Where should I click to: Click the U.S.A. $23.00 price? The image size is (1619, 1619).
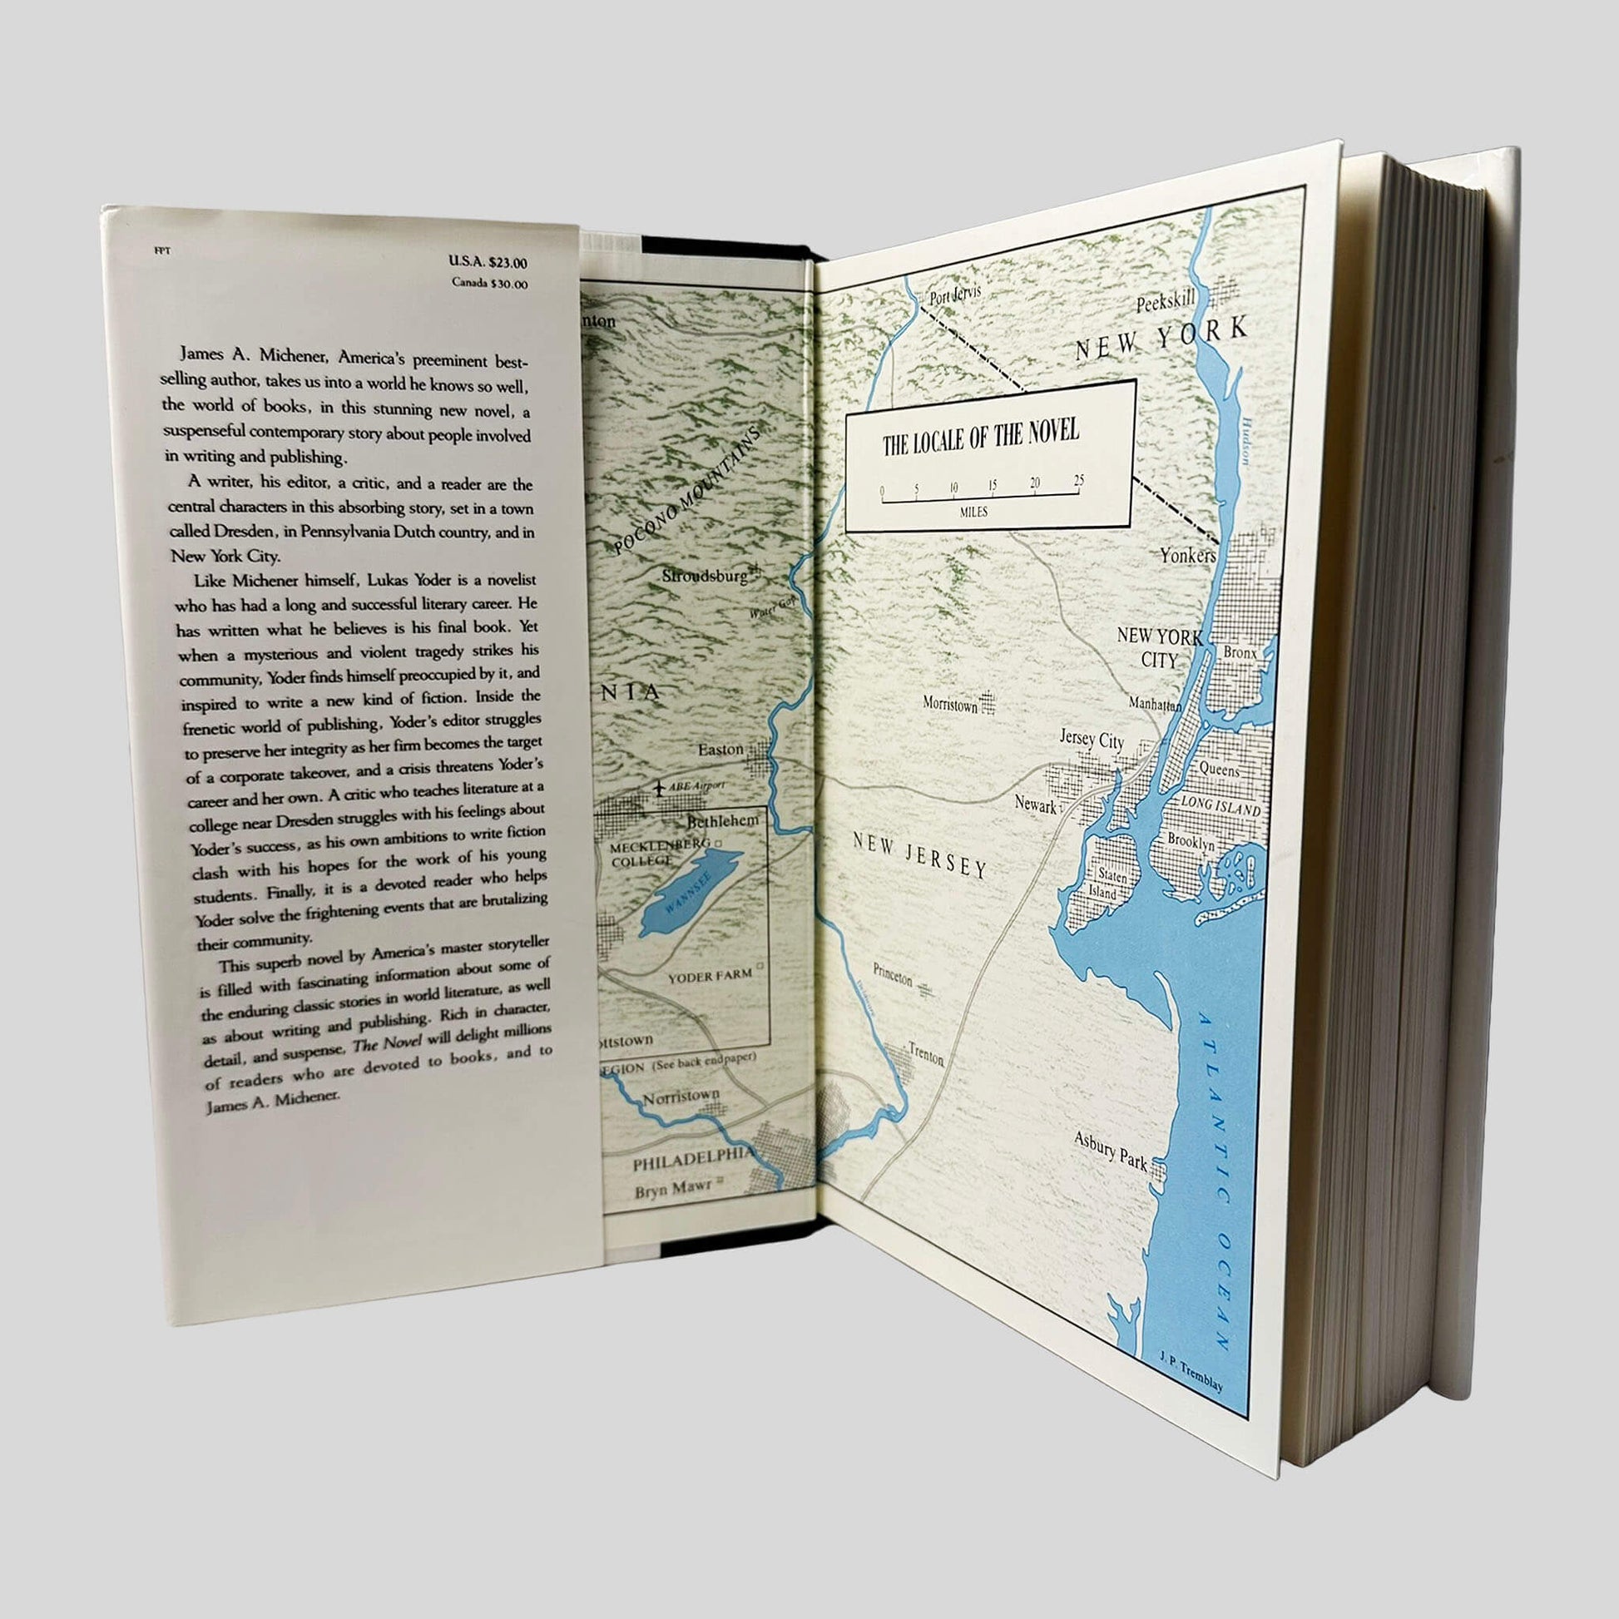click(488, 262)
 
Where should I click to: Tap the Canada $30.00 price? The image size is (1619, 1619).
click(489, 283)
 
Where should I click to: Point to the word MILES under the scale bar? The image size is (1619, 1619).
click(973, 512)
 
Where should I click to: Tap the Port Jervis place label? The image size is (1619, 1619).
click(954, 295)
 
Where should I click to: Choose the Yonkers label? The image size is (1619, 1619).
click(1186, 555)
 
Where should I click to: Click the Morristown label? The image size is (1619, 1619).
click(949, 704)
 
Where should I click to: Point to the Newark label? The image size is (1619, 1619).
click(1035, 805)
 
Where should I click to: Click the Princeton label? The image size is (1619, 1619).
click(892, 974)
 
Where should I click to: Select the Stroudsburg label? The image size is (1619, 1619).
click(704, 577)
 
